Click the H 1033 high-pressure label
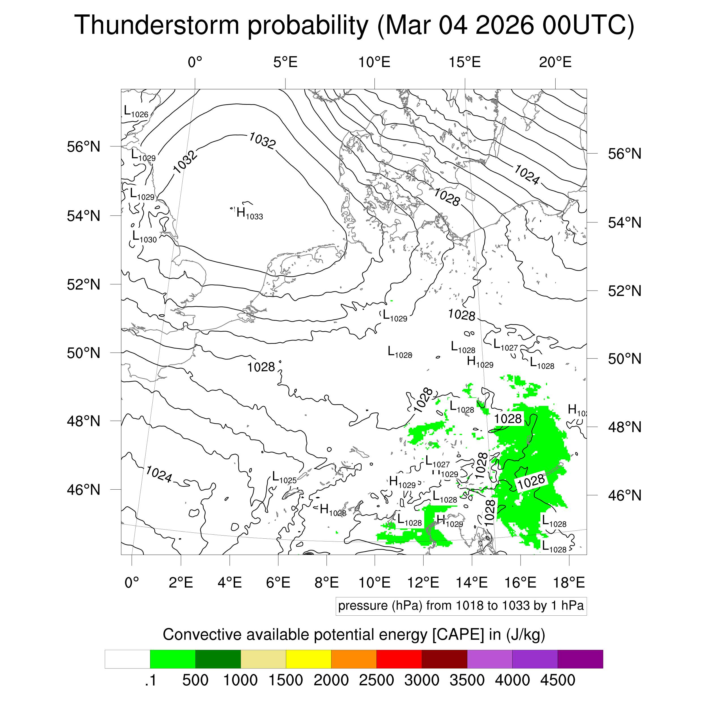coord(249,213)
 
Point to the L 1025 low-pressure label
coord(284,477)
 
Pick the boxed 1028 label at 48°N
coord(507,419)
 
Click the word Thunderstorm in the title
coord(157,25)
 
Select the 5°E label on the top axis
coord(285,62)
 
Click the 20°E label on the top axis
coord(555,62)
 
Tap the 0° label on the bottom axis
coord(132,582)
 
